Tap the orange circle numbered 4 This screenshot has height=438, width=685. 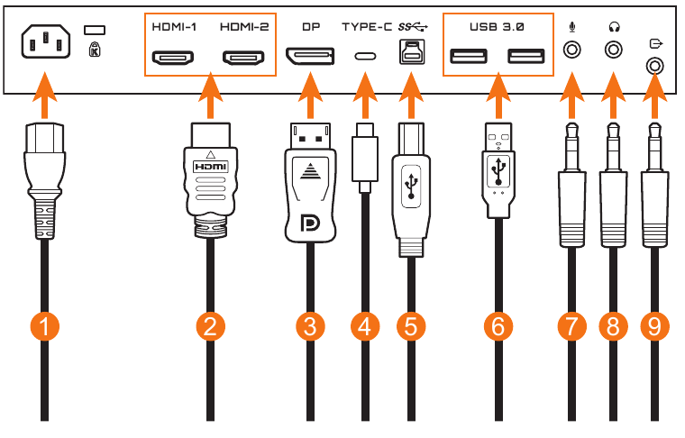tap(365, 326)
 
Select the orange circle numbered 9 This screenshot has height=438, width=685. tap(654, 326)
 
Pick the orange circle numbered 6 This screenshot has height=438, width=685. tap(496, 326)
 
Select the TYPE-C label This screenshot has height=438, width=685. tap(367, 28)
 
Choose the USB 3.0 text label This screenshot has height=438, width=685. tap(496, 28)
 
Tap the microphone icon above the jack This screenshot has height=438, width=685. tap(571, 27)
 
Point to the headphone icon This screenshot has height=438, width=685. tap(615, 27)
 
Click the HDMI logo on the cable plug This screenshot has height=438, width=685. tap(210, 167)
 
